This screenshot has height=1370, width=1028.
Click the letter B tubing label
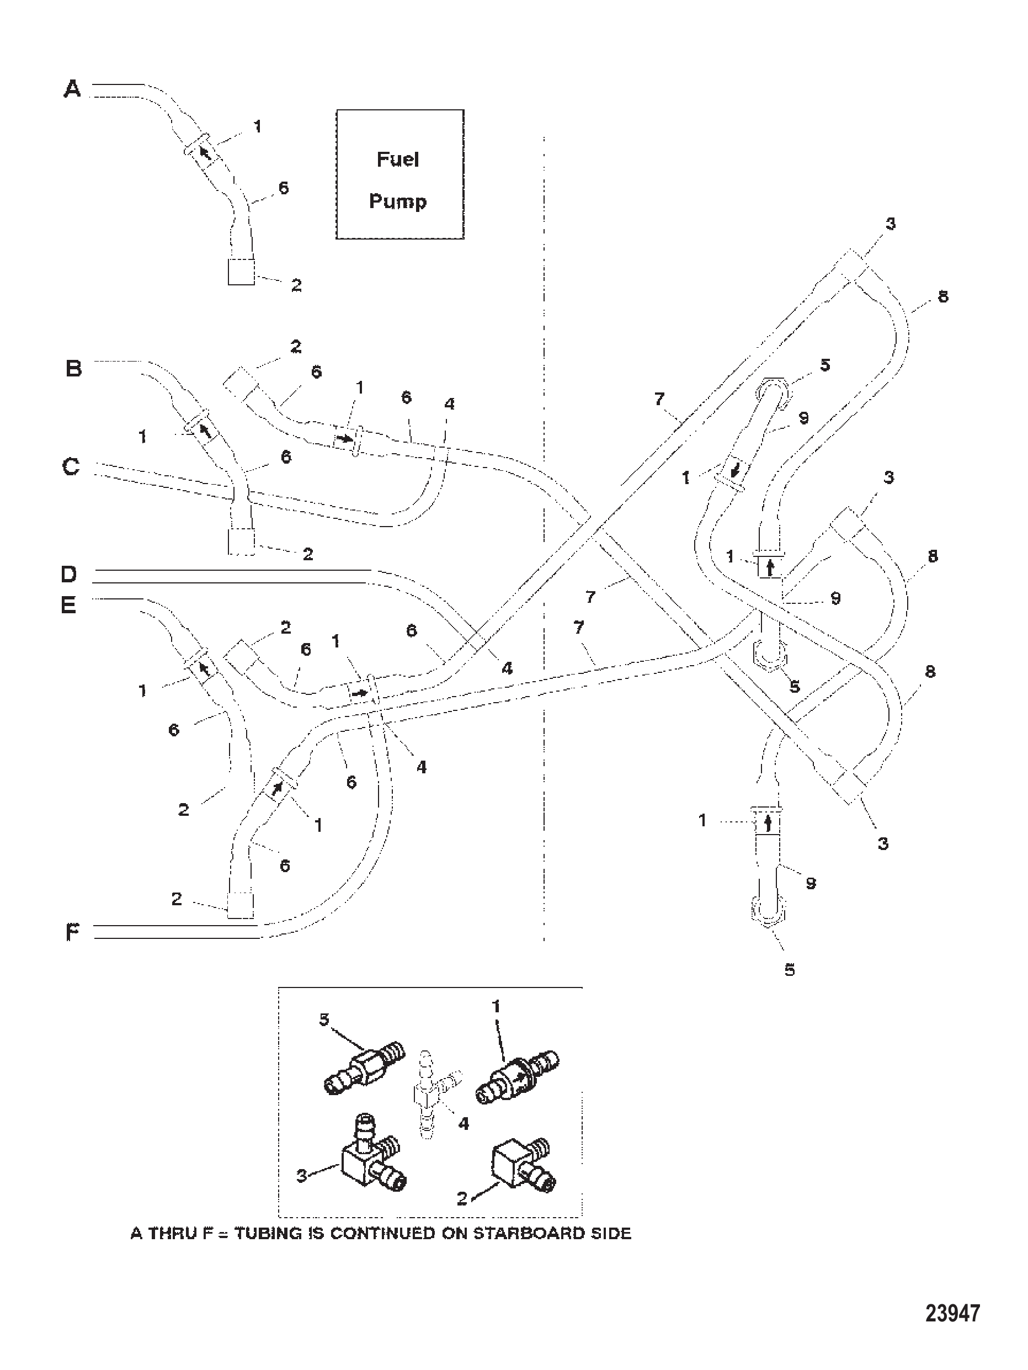pyautogui.click(x=74, y=369)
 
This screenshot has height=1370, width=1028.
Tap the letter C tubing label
pyautogui.click(x=72, y=466)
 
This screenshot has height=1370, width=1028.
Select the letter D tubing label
pyautogui.click(x=70, y=574)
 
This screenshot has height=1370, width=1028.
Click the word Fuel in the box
pyautogui.click(x=398, y=159)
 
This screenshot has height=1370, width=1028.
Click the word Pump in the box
pyautogui.click(x=398, y=201)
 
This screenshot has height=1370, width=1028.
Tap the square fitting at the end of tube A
pyautogui.click(x=241, y=271)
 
